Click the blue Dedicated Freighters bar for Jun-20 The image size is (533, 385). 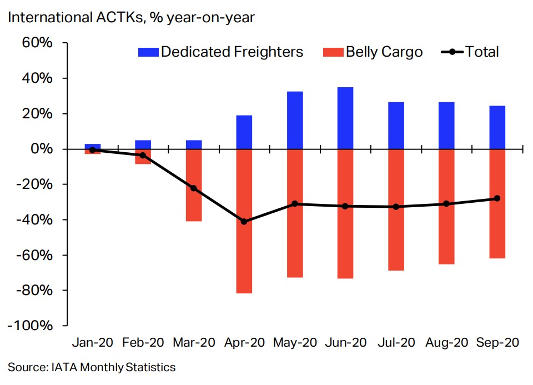click(x=345, y=118)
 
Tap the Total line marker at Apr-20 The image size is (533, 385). click(x=244, y=222)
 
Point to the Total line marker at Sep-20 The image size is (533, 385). click(x=497, y=198)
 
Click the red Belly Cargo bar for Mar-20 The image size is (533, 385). click(x=194, y=185)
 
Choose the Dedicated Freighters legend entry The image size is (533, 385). click(x=220, y=52)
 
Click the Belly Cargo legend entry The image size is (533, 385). click(x=372, y=52)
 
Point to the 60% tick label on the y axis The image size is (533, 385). click(x=37, y=43)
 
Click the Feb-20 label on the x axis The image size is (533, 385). click(x=143, y=343)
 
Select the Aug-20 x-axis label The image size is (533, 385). click(x=446, y=343)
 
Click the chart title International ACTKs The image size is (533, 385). click(x=131, y=17)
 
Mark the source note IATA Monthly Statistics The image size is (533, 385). click(x=92, y=367)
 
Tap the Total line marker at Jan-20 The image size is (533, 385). click(x=93, y=150)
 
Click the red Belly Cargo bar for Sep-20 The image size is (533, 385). click(x=497, y=203)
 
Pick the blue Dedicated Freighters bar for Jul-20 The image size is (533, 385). click(x=396, y=126)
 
